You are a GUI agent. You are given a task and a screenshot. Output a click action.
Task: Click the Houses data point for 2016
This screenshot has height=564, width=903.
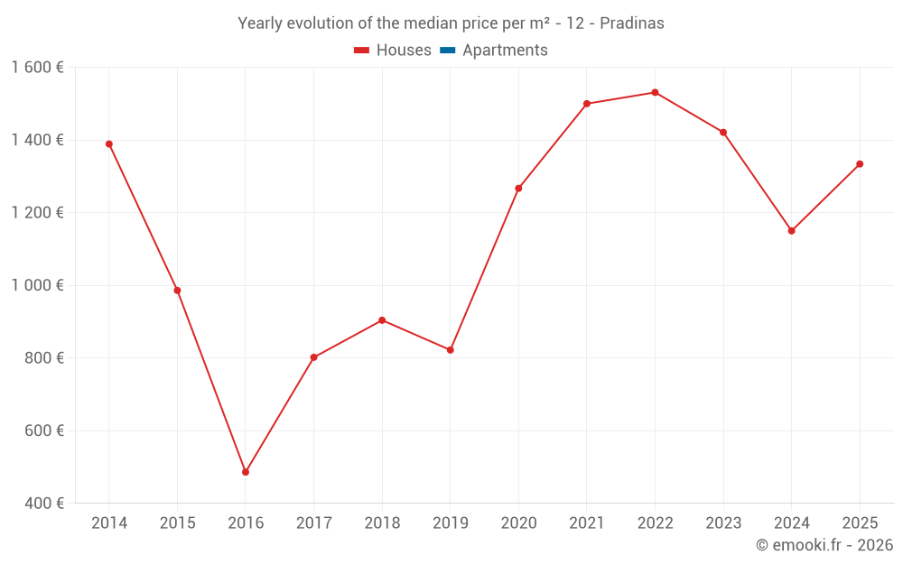(246, 472)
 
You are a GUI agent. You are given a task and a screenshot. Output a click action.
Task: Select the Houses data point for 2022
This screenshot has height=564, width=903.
(655, 92)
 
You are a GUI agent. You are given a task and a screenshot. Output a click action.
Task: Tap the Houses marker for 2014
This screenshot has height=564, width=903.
(109, 143)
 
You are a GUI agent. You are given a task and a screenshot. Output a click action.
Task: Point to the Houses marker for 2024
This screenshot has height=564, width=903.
(791, 231)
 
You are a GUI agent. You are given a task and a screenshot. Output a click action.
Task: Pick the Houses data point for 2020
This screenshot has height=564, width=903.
(518, 189)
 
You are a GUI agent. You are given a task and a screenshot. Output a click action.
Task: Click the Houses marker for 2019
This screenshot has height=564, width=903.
(451, 350)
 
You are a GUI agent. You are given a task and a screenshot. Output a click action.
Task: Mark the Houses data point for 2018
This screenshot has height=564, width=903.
(382, 320)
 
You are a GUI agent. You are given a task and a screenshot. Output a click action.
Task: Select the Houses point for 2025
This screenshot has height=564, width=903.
(860, 164)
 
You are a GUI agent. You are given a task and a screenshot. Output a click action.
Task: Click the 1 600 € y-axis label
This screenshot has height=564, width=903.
(37, 68)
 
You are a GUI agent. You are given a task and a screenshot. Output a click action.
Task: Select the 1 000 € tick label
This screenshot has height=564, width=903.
(37, 285)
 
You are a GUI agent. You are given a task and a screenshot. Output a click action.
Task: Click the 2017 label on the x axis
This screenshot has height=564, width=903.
(313, 523)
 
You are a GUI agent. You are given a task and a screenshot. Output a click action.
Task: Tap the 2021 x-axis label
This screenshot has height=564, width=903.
(586, 523)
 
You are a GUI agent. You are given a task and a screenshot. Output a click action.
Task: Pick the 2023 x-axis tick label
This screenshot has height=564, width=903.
(722, 523)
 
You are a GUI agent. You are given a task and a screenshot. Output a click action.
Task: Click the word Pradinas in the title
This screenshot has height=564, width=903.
(634, 23)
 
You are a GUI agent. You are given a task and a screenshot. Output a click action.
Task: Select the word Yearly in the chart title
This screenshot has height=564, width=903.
(261, 23)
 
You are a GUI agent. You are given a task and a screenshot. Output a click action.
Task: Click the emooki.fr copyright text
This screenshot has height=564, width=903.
(824, 545)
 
